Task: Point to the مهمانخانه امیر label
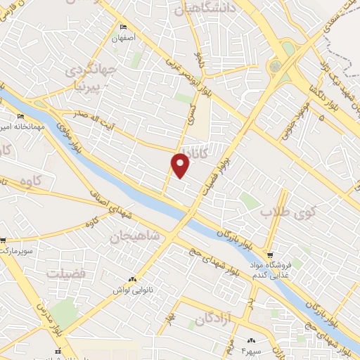25,127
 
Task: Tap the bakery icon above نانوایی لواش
134,278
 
